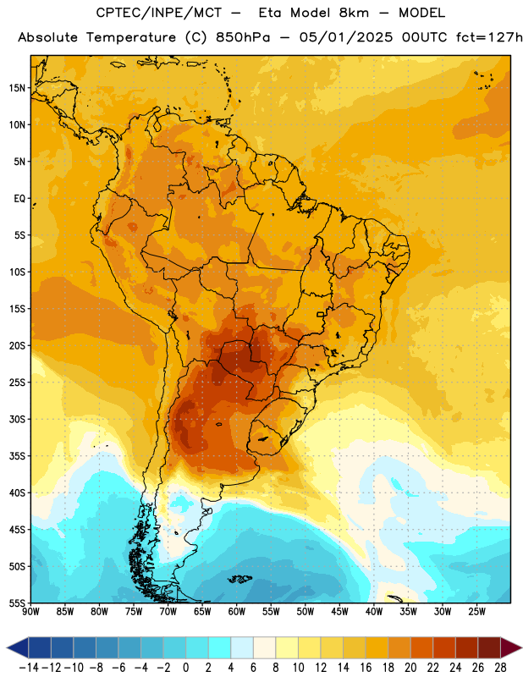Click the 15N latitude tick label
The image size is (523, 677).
(17, 88)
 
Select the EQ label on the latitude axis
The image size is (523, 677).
(19, 199)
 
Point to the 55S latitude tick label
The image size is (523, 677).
(17, 603)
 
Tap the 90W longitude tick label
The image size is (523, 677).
(30, 612)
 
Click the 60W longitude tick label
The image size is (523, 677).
(237, 612)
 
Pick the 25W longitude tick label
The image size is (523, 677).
(476, 612)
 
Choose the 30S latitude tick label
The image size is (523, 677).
(17, 419)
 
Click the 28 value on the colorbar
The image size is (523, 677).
(500, 668)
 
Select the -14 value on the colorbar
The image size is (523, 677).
(29, 668)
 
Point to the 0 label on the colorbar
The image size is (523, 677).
(185, 668)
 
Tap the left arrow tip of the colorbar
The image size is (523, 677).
(7, 648)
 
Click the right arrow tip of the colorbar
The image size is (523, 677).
(521, 648)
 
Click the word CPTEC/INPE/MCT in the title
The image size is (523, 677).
(158, 13)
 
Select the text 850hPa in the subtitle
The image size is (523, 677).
(243, 37)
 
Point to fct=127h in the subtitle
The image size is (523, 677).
(489, 37)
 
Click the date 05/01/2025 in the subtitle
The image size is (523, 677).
(346, 37)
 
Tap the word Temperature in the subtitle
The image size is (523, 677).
(131, 38)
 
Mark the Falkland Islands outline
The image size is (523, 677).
(239, 579)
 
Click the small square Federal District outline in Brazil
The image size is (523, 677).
(321, 314)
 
